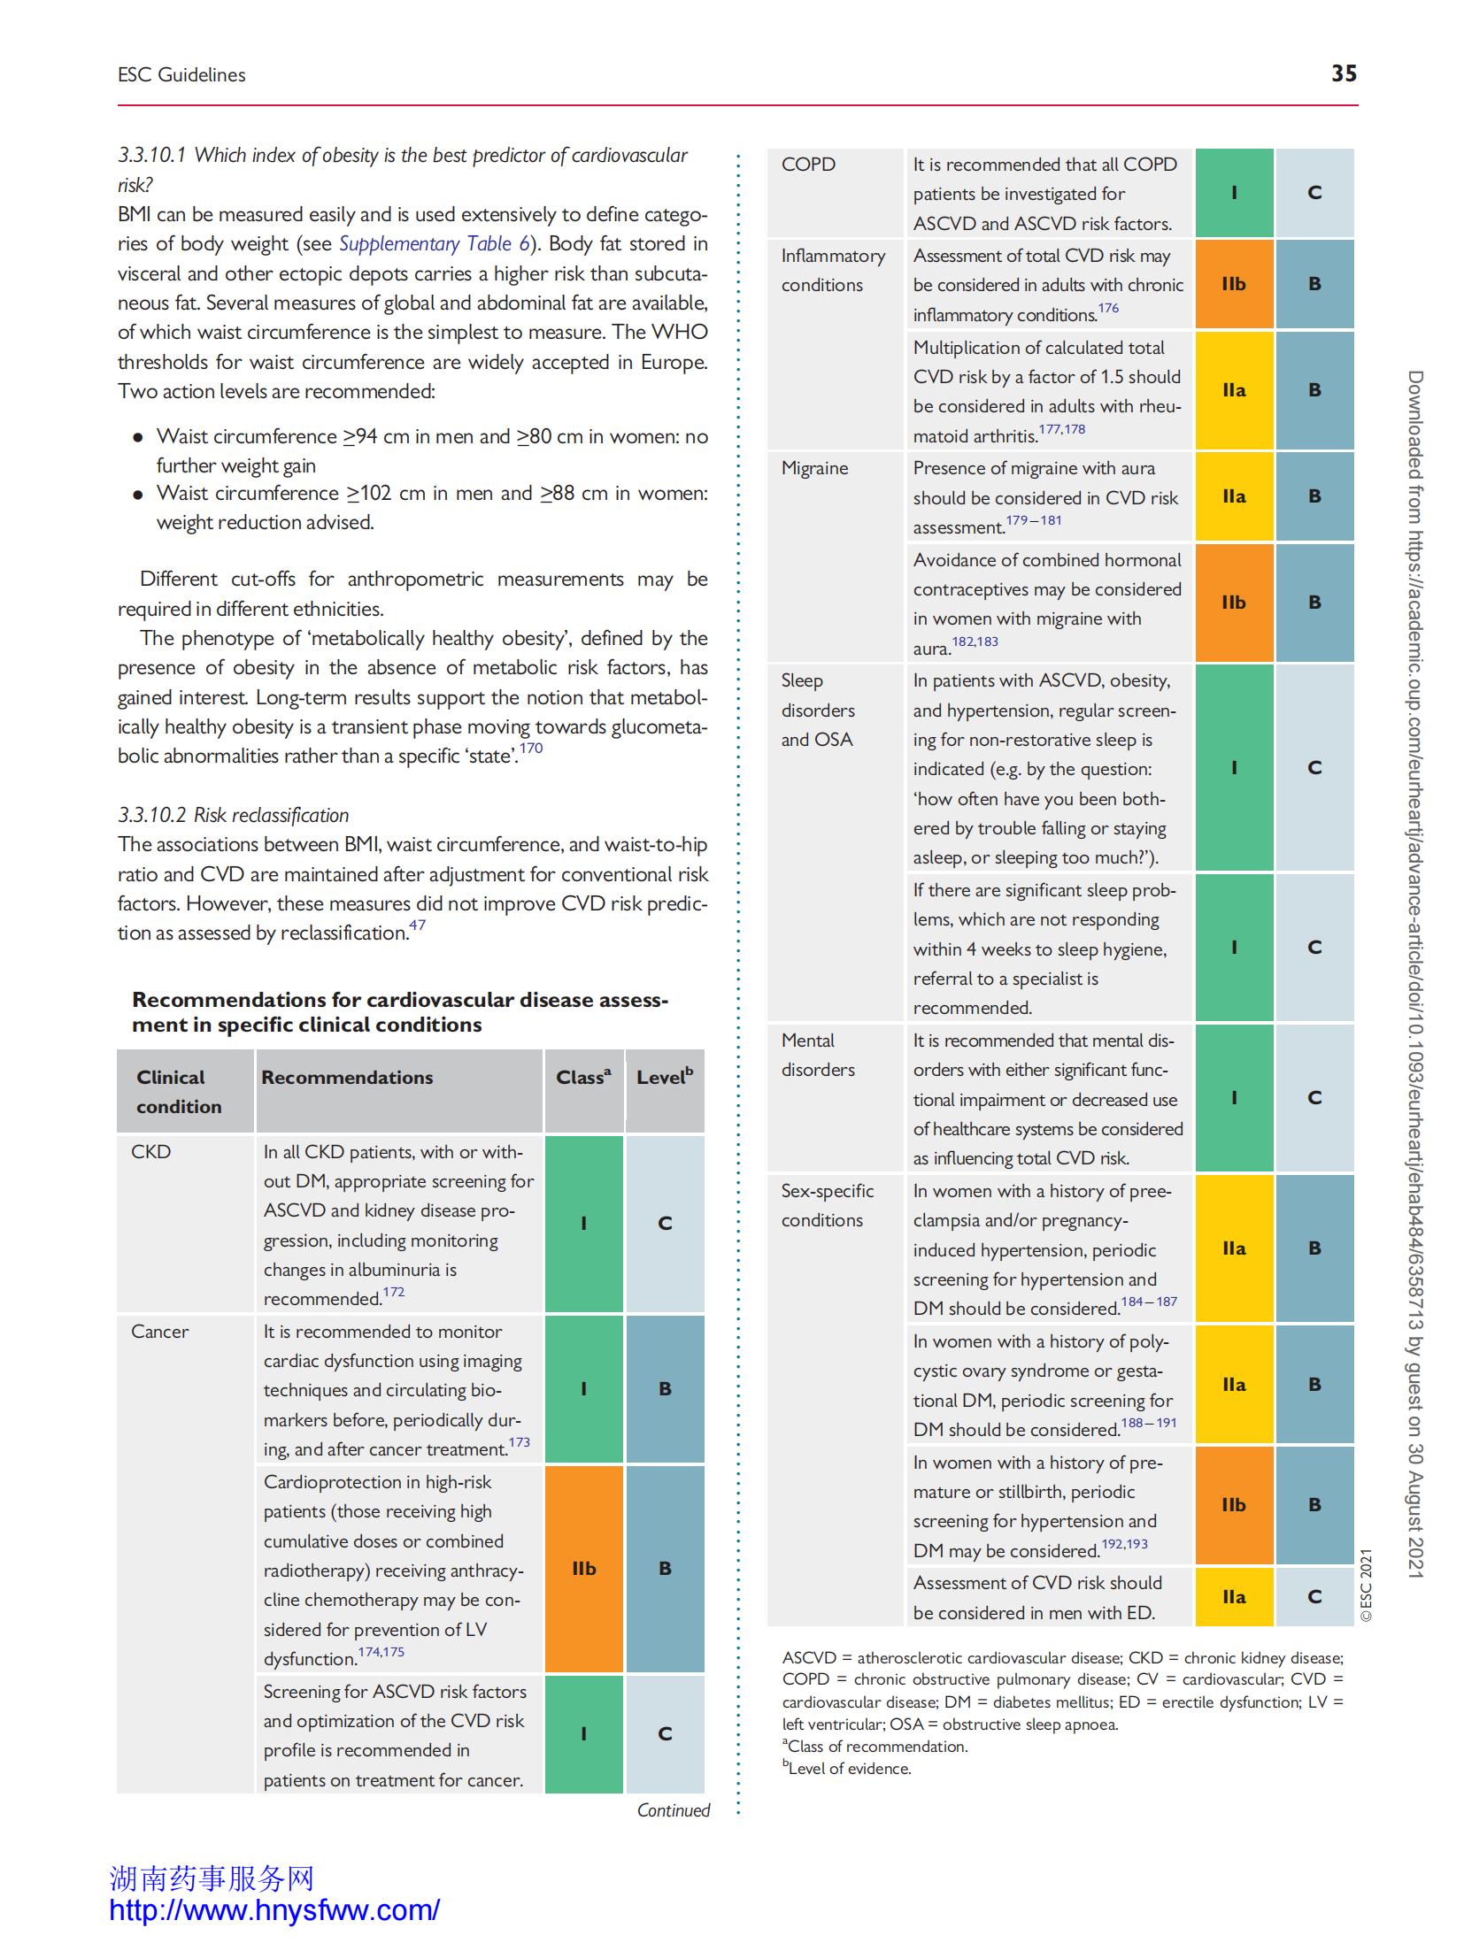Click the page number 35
[x=1343, y=73]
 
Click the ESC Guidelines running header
[x=181, y=75]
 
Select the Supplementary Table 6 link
[x=434, y=243]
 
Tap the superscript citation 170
[x=531, y=749]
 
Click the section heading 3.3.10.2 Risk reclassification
[x=234, y=815]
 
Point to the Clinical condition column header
[x=179, y=1091]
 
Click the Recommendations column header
[x=347, y=1077]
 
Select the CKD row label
[x=150, y=1151]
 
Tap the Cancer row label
[x=159, y=1331]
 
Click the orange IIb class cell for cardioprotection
[x=583, y=1568]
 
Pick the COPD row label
[x=808, y=164]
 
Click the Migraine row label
[x=814, y=468]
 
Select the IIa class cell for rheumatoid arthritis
[x=1234, y=389]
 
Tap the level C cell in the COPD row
[x=1314, y=192]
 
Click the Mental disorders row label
[x=818, y=1055]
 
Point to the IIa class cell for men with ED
[x=1234, y=1596]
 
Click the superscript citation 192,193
[x=1124, y=1544]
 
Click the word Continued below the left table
[x=674, y=1810]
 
